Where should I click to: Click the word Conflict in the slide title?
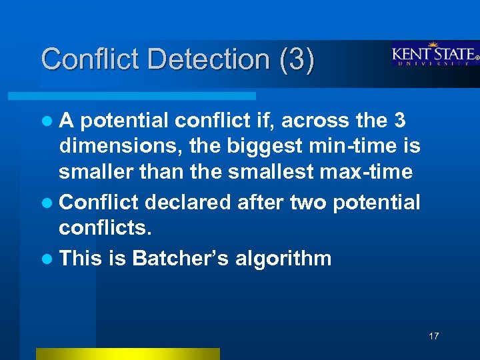(91, 59)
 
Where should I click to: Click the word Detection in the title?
(209, 59)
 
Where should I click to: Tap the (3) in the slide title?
(296, 59)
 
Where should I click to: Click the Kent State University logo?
(435, 55)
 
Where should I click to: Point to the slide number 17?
(434, 336)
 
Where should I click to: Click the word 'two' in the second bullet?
(305, 202)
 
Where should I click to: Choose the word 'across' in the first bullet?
(310, 121)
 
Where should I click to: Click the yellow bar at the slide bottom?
(127, 353)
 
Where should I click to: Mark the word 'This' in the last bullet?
(80, 257)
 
